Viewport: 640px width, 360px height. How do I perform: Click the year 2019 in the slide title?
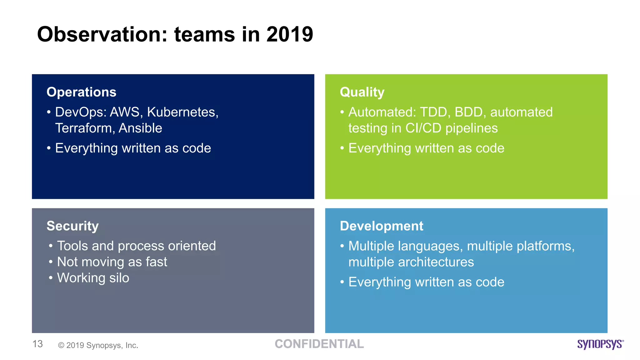(289, 34)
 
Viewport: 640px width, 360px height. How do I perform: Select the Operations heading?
(81, 92)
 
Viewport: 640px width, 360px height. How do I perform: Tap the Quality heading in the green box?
(362, 92)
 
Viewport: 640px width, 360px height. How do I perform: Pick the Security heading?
(72, 226)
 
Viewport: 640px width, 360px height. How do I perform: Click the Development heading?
(381, 226)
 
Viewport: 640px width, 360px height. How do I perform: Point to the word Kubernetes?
(182, 112)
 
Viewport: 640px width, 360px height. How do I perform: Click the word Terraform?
(84, 128)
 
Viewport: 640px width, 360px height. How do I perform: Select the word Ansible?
(140, 128)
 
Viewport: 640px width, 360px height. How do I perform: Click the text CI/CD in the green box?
(423, 128)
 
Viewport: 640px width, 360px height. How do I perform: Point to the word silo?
(119, 278)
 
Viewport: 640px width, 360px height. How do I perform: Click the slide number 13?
(37, 344)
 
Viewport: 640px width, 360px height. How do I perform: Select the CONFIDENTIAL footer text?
(319, 344)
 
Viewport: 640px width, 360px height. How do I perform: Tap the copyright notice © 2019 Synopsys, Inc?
(98, 345)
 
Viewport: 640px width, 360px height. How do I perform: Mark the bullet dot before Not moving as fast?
(51, 262)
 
